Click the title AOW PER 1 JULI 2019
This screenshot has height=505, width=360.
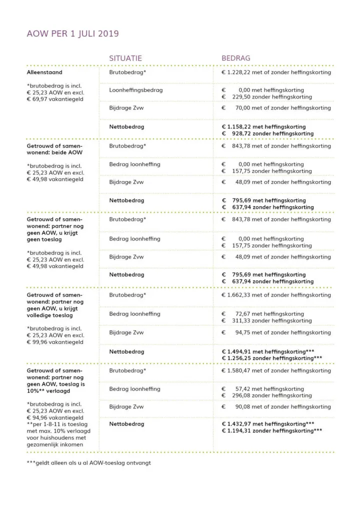click(72, 34)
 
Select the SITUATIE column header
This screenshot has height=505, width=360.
click(125, 58)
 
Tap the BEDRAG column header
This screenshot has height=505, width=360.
click(236, 58)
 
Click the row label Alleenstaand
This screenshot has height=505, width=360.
click(44, 72)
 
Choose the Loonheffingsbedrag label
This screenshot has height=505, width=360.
click(136, 90)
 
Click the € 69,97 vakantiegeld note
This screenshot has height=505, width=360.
click(55, 99)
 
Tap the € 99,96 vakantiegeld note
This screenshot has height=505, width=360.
click(55, 342)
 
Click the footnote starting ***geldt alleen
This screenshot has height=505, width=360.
click(88, 462)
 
